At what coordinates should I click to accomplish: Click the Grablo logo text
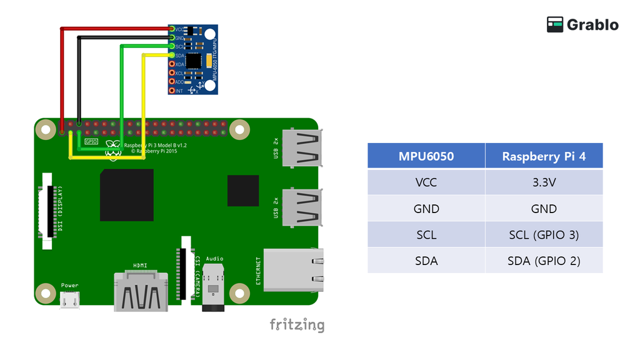point(592,25)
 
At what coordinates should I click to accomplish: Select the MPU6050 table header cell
point(426,156)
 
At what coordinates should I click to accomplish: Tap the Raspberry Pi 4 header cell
point(544,156)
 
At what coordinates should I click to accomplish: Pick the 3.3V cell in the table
point(544,182)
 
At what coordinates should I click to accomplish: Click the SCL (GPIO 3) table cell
point(544,235)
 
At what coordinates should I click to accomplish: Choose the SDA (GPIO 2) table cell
point(544,261)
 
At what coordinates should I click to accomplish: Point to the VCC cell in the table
point(426,182)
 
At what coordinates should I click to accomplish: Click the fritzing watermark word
point(297,325)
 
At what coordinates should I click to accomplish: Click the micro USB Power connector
point(70,301)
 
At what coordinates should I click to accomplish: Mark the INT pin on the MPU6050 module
point(171,91)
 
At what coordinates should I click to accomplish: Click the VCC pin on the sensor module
point(171,29)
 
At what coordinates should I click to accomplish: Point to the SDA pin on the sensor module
point(171,56)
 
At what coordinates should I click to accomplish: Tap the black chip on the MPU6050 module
point(194,61)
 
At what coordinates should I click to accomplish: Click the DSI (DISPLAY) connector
point(47,210)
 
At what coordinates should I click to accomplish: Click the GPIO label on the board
point(91,142)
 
